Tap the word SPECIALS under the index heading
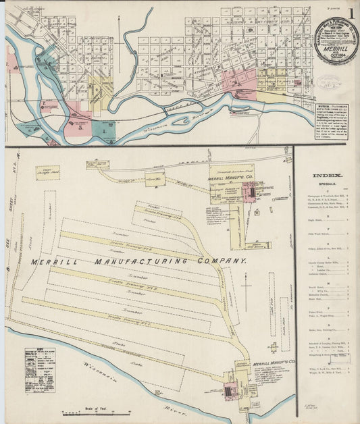[327, 184]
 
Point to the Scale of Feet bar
[86, 412]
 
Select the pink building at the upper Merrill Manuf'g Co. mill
[249, 193]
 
